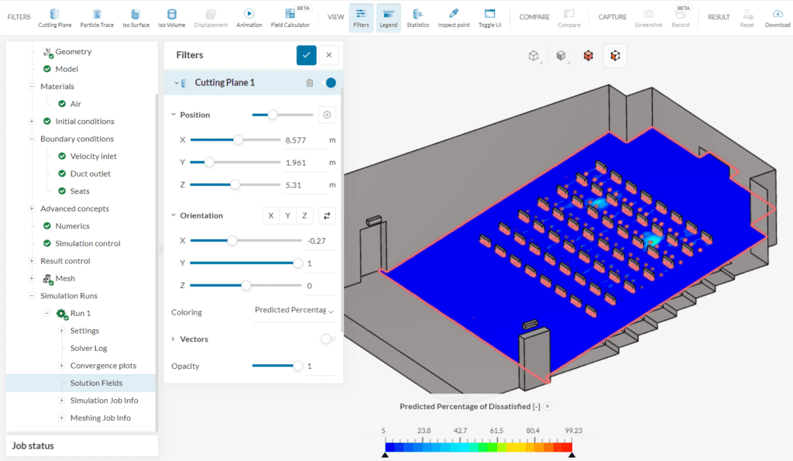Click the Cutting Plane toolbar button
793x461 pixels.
(54, 17)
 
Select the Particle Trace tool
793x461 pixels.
(97, 17)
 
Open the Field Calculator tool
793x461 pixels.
(290, 17)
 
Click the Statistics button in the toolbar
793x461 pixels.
(417, 17)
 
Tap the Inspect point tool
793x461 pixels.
(454, 17)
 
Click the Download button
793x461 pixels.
(778, 17)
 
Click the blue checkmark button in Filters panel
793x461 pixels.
(307, 55)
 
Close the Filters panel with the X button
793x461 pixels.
(329, 55)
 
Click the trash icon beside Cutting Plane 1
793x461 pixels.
(310, 83)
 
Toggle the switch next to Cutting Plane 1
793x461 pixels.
(328, 83)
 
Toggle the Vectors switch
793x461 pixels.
(327, 339)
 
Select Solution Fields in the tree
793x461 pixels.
(96, 383)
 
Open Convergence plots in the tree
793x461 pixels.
(103, 366)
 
